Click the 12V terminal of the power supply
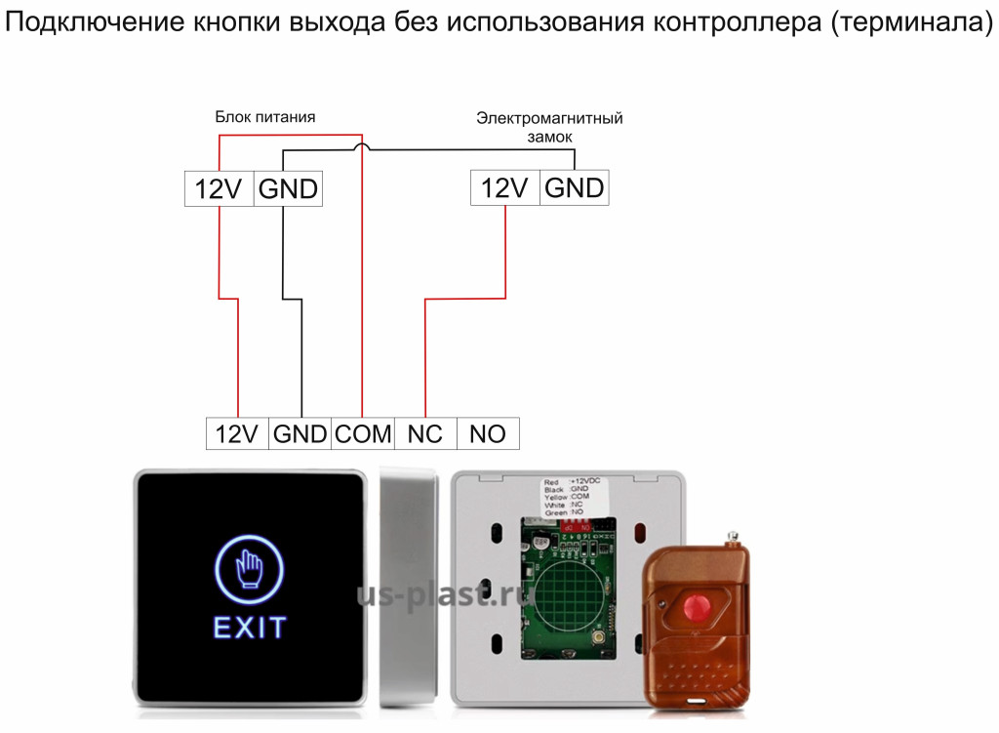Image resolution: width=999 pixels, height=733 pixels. tap(219, 188)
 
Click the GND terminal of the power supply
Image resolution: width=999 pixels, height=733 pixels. tap(288, 188)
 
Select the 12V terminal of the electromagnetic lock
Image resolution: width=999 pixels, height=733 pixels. tap(504, 187)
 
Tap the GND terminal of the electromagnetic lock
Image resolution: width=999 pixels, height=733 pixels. tap(575, 187)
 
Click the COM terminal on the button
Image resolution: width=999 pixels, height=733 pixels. tap(363, 433)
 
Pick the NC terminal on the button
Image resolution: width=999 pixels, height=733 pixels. tap(425, 433)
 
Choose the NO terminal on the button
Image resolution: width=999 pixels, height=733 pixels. tap(488, 433)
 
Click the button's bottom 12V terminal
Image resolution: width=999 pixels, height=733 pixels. tap(236, 433)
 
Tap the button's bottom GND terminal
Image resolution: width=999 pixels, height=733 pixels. tap(300, 433)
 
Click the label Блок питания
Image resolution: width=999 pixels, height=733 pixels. tap(265, 117)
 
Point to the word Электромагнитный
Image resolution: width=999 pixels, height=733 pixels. tap(549, 118)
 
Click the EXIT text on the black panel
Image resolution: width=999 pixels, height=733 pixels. tap(250, 627)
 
